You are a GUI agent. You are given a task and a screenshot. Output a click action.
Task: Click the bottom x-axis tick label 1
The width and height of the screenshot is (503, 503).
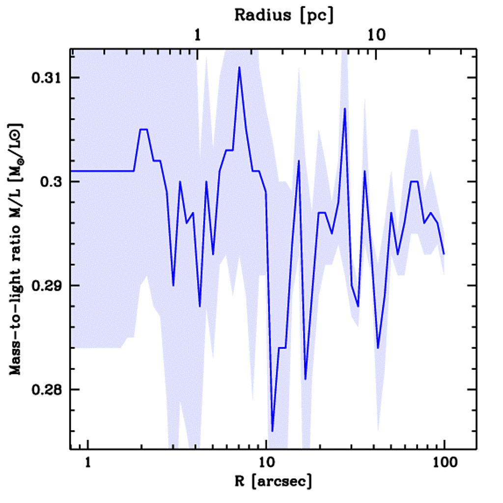(88, 463)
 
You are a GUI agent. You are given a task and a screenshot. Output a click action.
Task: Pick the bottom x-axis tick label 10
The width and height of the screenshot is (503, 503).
(266, 463)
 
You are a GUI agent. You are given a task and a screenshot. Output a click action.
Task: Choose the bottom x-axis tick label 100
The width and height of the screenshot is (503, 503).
(444, 463)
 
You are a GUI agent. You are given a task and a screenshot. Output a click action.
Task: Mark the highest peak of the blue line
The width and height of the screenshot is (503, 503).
(239, 67)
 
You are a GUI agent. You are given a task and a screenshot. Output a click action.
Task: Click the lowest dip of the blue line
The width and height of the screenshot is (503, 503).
(272, 431)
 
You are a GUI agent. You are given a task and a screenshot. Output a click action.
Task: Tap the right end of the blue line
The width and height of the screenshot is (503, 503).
(444, 254)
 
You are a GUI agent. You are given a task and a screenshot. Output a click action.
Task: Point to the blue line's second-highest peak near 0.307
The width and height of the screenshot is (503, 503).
(345, 109)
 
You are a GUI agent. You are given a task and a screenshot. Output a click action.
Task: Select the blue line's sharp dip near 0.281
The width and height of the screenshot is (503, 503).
(305, 379)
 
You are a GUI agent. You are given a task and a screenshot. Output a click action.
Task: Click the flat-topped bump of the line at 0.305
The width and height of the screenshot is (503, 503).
(143, 129)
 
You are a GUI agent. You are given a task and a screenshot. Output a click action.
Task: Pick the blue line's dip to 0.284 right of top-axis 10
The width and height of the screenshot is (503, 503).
(378, 348)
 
